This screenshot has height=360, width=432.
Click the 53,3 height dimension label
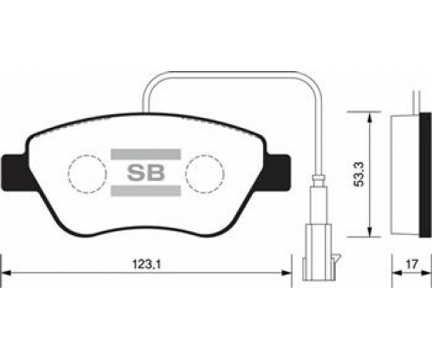[x=359, y=174]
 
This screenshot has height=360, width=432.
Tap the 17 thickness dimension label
[x=411, y=265]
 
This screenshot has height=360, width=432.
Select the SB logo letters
[x=146, y=173]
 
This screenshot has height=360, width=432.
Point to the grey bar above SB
[x=146, y=154]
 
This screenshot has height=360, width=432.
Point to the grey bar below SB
[x=146, y=191]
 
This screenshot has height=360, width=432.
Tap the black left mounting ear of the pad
[x=16, y=173]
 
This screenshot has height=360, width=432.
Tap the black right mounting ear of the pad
[x=277, y=173]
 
